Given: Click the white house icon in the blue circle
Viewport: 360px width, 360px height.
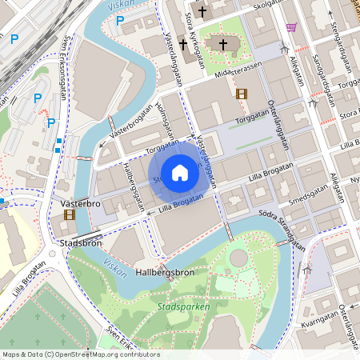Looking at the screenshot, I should click(x=180, y=172).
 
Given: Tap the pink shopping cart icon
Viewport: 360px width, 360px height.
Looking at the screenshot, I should click(x=291, y=27).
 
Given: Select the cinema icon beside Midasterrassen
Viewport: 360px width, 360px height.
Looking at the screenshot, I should click(x=242, y=93).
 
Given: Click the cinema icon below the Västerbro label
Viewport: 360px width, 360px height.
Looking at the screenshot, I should click(x=70, y=214).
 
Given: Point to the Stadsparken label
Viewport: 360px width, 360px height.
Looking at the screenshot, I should click(x=184, y=306).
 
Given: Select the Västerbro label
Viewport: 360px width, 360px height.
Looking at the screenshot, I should click(x=80, y=204).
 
